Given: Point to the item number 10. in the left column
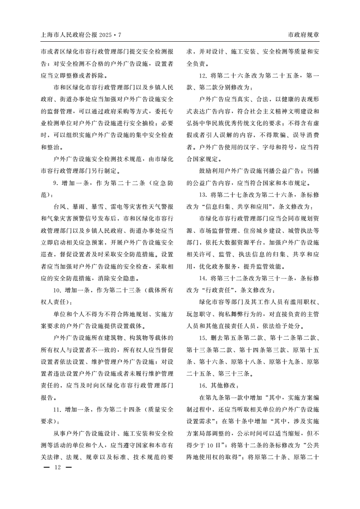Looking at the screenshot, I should [x=58, y=289].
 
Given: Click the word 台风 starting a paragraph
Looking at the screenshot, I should [x=59, y=206].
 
